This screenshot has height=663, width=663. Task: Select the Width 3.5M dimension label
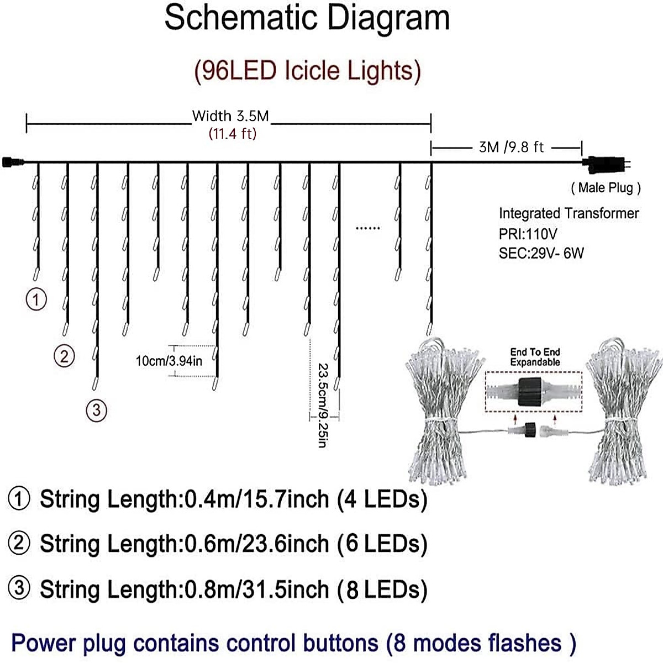[230, 116]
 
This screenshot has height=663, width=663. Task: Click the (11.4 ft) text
[232, 134]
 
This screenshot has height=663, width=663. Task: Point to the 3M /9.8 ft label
[511, 147]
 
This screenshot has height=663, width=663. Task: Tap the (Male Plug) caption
[606, 188]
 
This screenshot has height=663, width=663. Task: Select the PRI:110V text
[528, 233]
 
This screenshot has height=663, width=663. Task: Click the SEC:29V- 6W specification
[541, 253]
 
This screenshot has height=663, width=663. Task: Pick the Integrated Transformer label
[569, 213]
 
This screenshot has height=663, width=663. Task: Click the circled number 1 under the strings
[36, 299]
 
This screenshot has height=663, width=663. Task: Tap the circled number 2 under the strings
[64, 356]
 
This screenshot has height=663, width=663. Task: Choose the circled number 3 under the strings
[97, 410]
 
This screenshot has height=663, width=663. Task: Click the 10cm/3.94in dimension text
[169, 361]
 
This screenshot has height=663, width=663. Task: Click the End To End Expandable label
[535, 357]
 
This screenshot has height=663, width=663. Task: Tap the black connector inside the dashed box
[531, 392]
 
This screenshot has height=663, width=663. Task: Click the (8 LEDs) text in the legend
[382, 590]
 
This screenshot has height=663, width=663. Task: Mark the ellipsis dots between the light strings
[367, 227]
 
